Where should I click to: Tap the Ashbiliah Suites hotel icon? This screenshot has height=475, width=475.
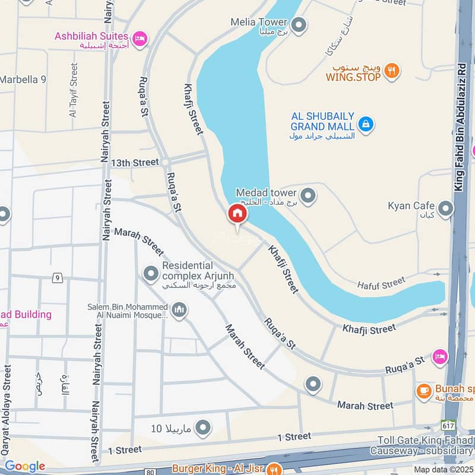[140, 38]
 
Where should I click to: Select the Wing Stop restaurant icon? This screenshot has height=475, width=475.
[391, 71]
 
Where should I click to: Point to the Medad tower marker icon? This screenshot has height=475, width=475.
[308, 195]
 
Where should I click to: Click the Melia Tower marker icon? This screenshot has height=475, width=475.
[299, 25]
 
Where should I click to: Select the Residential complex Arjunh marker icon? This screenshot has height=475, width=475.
[151, 273]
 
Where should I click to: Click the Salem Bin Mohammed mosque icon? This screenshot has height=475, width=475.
[179, 309]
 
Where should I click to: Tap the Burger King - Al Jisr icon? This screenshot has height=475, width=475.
[274, 468]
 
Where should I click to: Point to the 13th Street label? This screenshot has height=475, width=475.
[135, 162]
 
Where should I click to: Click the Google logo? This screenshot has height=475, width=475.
[25, 466]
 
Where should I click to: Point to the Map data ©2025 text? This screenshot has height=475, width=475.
[443, 469]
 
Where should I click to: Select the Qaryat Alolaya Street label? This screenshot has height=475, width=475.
[7, 410]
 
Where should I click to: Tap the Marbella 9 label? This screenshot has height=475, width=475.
[23, 79]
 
